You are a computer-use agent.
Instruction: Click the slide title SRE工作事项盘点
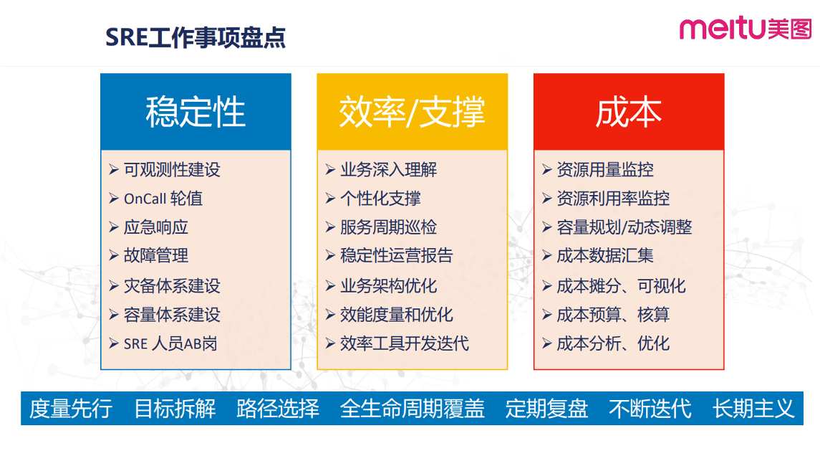coord(196,37)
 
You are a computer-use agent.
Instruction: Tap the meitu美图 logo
coord(746,28)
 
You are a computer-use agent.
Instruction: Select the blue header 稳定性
coord(196,111)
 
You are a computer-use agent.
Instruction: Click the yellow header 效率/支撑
coord(412,111)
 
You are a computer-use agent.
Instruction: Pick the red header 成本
coord(629,111)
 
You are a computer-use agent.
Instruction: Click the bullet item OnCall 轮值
coord(163,199)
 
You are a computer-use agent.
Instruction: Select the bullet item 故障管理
coord(156,256)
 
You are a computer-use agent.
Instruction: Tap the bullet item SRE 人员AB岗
coord(170,344)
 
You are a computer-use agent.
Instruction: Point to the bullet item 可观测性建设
coord(172,169)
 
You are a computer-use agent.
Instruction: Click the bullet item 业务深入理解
coord(389,169)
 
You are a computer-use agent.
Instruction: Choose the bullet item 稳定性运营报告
coord(397,256)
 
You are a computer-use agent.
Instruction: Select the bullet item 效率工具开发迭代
coord(404,344)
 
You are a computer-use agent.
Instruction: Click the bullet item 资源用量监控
coord(605,169)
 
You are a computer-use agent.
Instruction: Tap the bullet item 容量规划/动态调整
coord(624,227)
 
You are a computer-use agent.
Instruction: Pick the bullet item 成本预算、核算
coord(613,315)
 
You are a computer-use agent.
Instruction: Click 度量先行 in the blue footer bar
coord(71,409)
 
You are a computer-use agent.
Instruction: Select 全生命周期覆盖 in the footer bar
coord(412,409)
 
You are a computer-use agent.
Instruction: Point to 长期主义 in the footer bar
coord(753,409)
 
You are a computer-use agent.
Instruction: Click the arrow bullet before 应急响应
coord(114,227)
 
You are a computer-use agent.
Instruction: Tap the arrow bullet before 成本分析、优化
coord(547,344)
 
